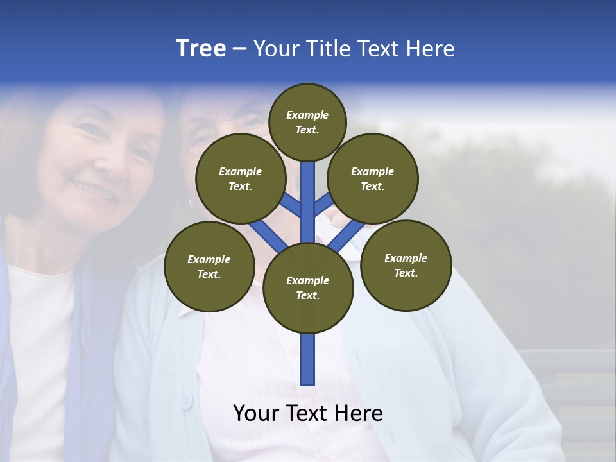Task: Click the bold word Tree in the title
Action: [201, 49]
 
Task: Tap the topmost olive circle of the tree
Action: [307, 122]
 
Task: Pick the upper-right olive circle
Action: [373, 178]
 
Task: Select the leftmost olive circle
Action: [209, 266]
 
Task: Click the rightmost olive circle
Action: [406, 265]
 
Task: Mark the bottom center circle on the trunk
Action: [308, 287]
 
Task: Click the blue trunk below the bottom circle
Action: [308, 359]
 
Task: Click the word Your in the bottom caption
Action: [255, 413]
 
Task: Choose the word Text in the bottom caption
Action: [311, 413]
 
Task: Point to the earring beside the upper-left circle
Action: [191, 203]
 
